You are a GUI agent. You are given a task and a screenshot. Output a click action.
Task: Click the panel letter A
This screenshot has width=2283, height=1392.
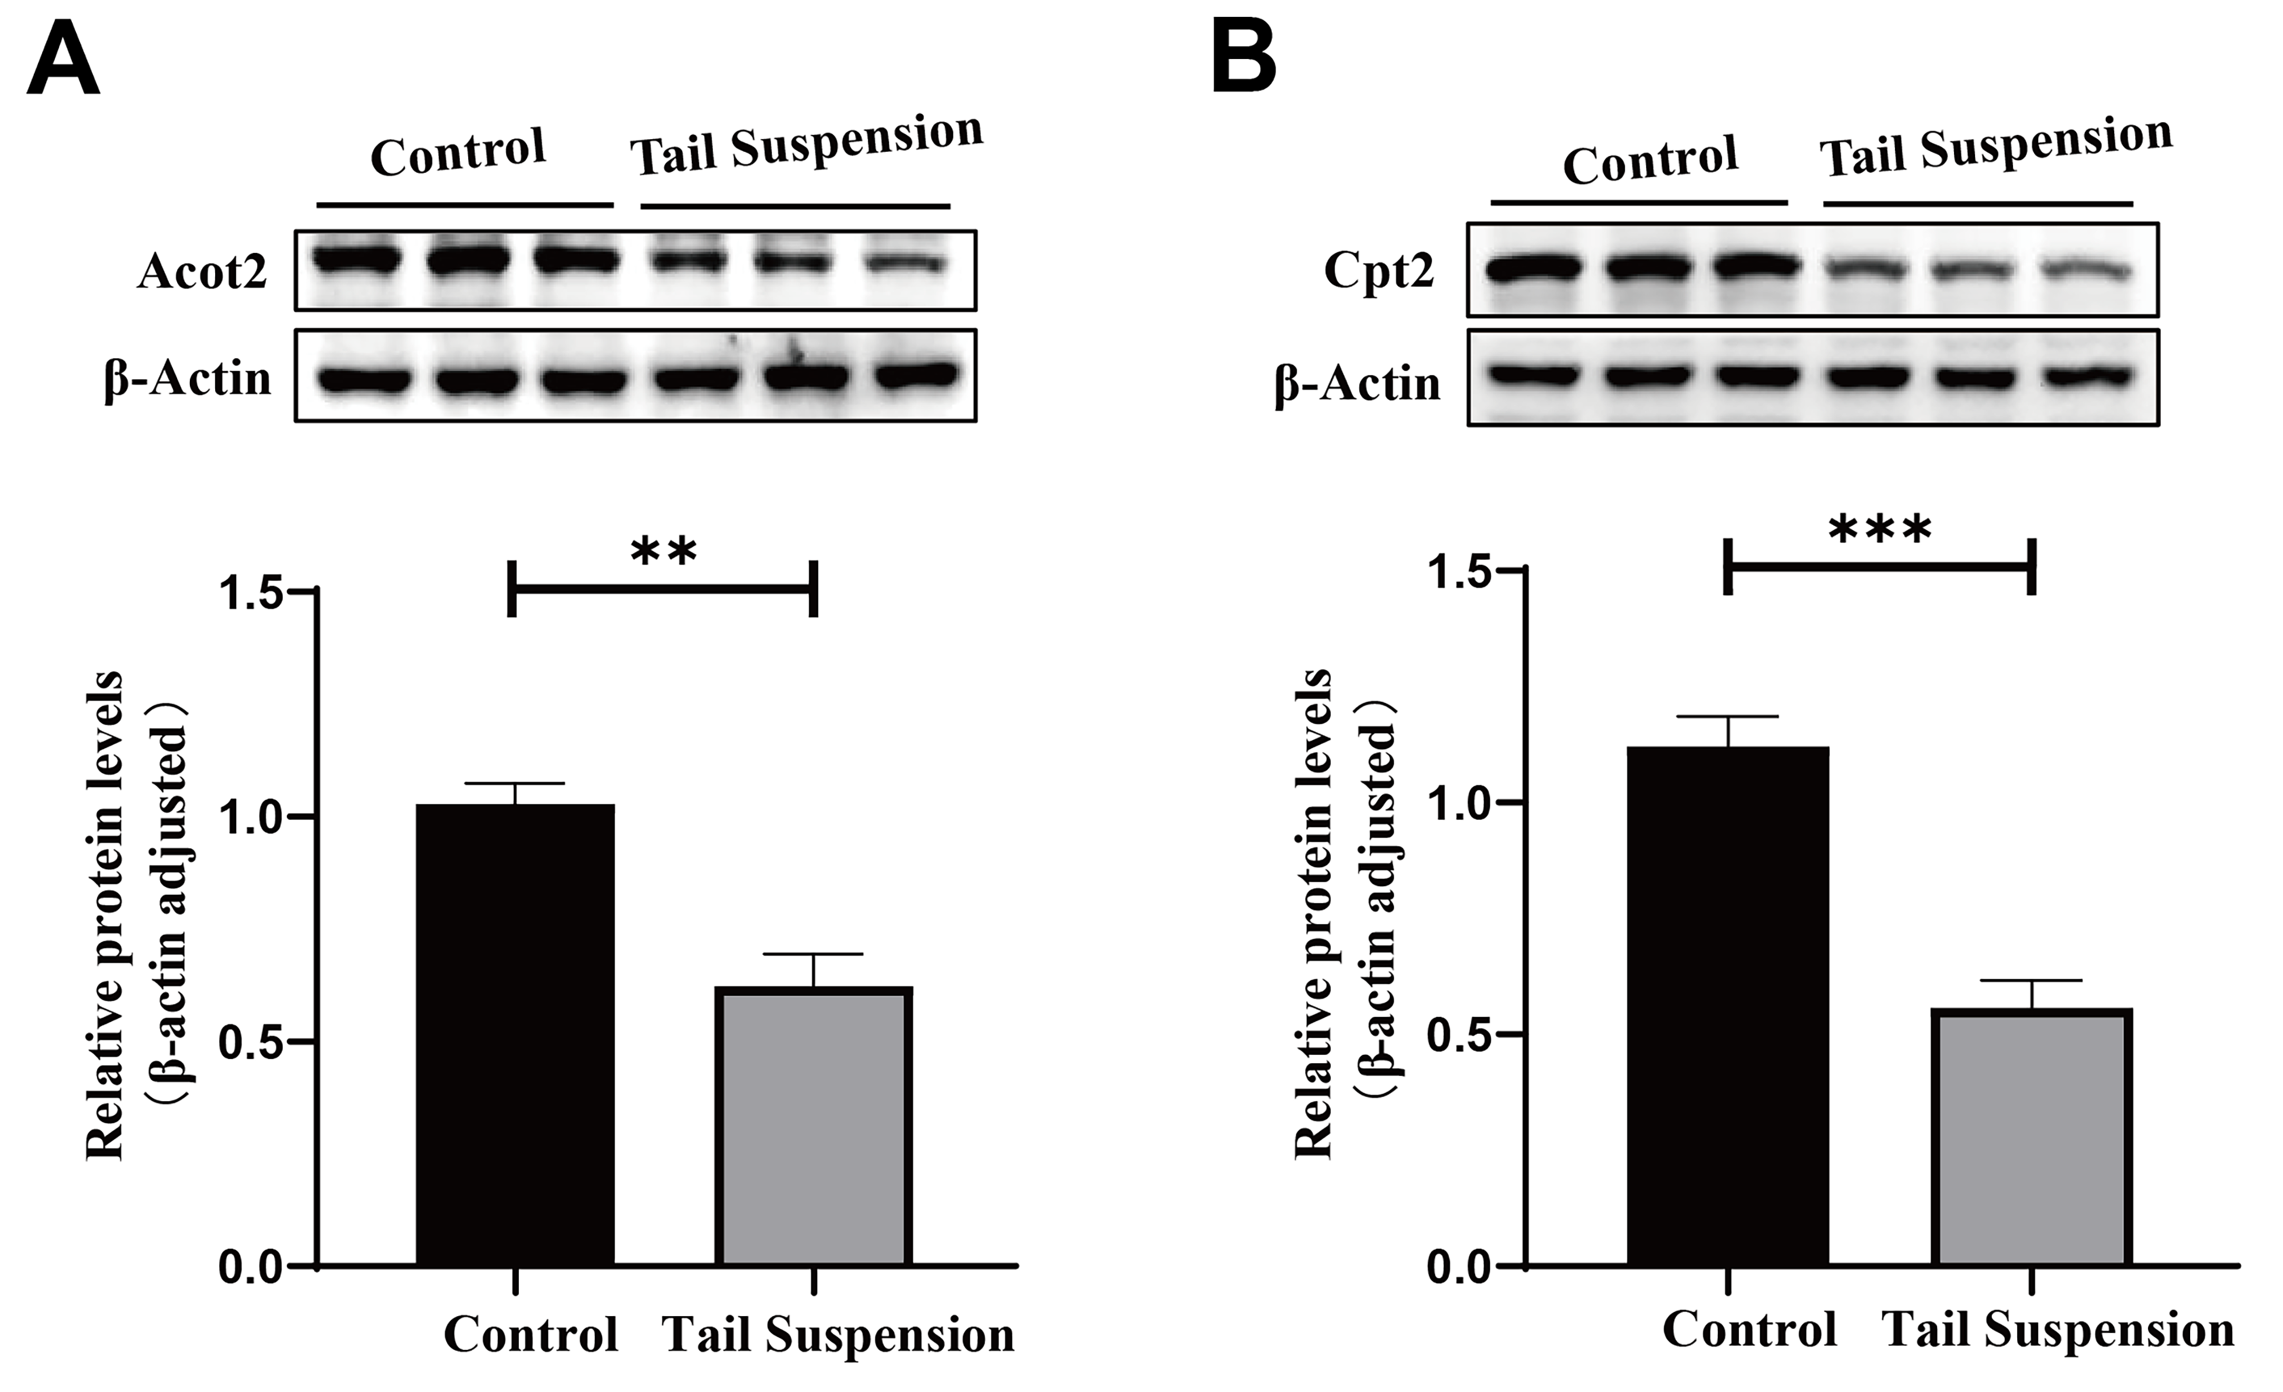coord(63,60)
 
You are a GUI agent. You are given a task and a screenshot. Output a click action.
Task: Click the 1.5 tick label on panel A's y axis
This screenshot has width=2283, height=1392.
coord(250,593)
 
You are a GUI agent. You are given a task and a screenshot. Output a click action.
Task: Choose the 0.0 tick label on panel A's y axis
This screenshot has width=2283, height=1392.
coord(250,1267)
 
